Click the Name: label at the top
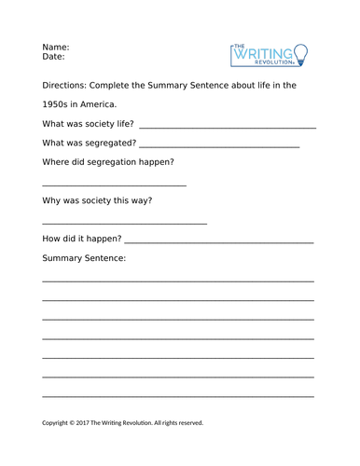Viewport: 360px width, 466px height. click(x=56, y=46)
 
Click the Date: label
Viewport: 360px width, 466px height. click(x=53, y=57)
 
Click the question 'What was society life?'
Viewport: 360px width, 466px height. click(x=88, y=124)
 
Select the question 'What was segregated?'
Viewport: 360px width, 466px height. click(x=89, y=144)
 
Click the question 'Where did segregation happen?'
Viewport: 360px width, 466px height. click(x=108, y=162)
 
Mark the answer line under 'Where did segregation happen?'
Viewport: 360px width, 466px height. click(x=114, y=185)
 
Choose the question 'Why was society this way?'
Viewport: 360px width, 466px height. click(x=97, y=200)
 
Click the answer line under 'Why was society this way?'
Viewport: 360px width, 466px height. click(x=124, y=224)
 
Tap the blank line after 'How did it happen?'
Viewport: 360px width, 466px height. click(x=224, y=242)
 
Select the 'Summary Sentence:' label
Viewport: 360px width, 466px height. click(x=84, y=258)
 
